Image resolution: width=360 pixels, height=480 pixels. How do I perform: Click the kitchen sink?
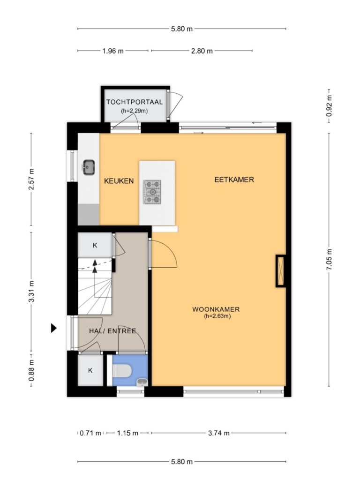89,167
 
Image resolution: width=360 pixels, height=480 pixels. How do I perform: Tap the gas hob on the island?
152,192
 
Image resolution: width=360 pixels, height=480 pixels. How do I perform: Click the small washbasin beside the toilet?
142,382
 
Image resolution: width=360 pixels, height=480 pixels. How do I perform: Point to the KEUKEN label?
119,181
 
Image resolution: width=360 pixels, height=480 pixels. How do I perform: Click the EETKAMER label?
234,180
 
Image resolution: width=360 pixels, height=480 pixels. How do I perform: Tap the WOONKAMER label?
216,309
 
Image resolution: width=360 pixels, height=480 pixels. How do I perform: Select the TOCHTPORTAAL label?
135,102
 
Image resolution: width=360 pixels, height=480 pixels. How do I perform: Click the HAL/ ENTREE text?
112,331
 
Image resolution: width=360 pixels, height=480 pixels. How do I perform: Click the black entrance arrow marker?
53,328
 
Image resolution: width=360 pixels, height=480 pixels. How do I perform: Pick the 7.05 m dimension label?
329,260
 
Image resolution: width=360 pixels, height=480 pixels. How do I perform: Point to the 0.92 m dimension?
329,105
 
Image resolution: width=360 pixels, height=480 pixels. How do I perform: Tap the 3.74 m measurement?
218,433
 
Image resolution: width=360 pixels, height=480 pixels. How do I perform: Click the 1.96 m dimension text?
113,51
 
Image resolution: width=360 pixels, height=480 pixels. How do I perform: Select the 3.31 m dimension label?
31,292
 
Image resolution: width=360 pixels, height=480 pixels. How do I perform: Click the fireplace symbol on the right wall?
280,271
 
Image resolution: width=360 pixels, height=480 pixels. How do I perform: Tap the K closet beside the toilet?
90,370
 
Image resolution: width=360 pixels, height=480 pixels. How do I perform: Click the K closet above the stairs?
95,245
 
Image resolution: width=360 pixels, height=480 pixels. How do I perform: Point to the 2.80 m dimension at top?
202,51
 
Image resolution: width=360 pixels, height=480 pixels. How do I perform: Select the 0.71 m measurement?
90,433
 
